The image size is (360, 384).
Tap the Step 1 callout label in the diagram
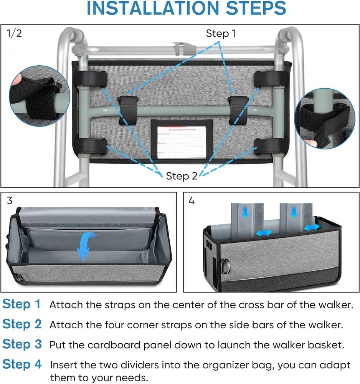(221, 34)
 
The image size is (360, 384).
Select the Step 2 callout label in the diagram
(182, 176)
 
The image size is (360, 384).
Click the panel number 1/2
(15, 33)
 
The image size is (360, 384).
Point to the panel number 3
(10, 200)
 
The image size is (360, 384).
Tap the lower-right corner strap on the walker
(268, 146)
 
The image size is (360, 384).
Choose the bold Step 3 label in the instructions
(22, 344)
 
